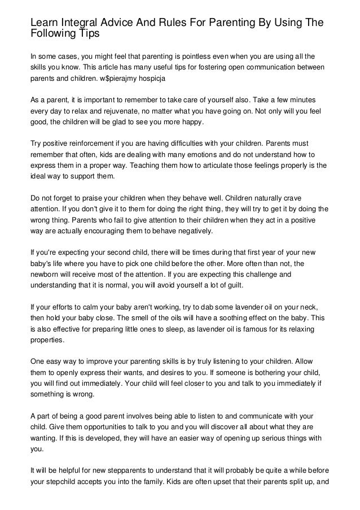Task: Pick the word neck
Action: click(308, 306)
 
